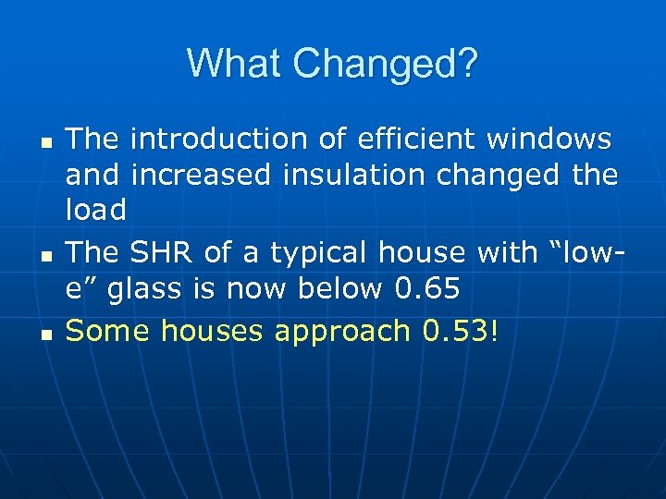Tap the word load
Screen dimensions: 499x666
(96, 211)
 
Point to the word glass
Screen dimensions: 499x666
(142, 289)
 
